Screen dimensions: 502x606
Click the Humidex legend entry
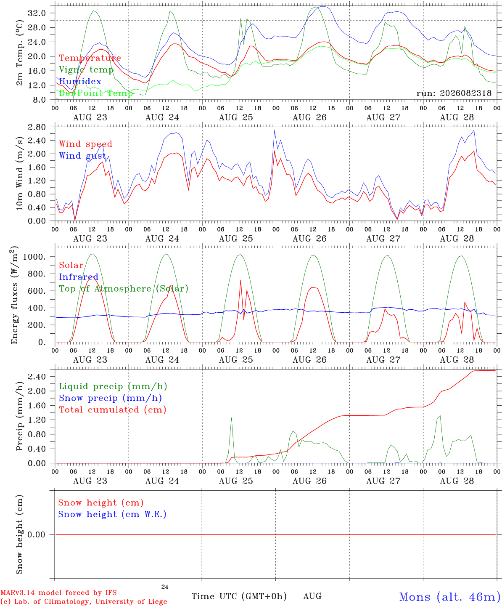coord(80,81)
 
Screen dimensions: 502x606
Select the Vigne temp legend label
coord(86,70)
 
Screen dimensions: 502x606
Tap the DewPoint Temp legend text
coord(96,93)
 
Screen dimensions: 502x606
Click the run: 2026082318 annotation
coord(454,93)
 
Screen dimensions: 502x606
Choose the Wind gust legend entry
coord(82,156)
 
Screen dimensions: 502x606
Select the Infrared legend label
coord(79,277)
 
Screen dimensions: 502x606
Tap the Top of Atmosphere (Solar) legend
coord(124,289)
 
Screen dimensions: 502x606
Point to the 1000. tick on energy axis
coord(34,257)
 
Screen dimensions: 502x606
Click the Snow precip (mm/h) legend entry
coord(110,398)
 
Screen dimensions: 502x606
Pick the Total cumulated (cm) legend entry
coord(113,409)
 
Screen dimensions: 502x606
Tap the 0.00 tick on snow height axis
coord(36,534)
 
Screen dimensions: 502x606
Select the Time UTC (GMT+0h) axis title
coord(239,596)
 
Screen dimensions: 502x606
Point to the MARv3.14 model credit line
coord(58,593)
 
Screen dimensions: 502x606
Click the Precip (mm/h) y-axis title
coord(19,416)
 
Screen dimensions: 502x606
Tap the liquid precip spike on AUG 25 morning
coord(231,418)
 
